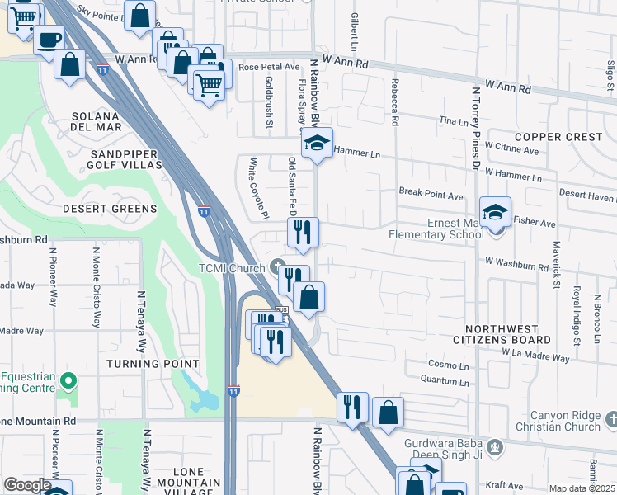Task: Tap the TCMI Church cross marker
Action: (278, 267)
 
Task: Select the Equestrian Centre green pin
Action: (68, 381)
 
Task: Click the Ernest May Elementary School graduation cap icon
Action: (495, 213)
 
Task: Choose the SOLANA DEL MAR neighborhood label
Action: (97, 120)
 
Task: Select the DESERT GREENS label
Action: (110, 209)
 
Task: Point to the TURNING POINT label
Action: (152, 364)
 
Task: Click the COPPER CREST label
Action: (558, 136)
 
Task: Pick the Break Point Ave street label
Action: (431, 196)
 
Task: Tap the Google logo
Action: (27, 485)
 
